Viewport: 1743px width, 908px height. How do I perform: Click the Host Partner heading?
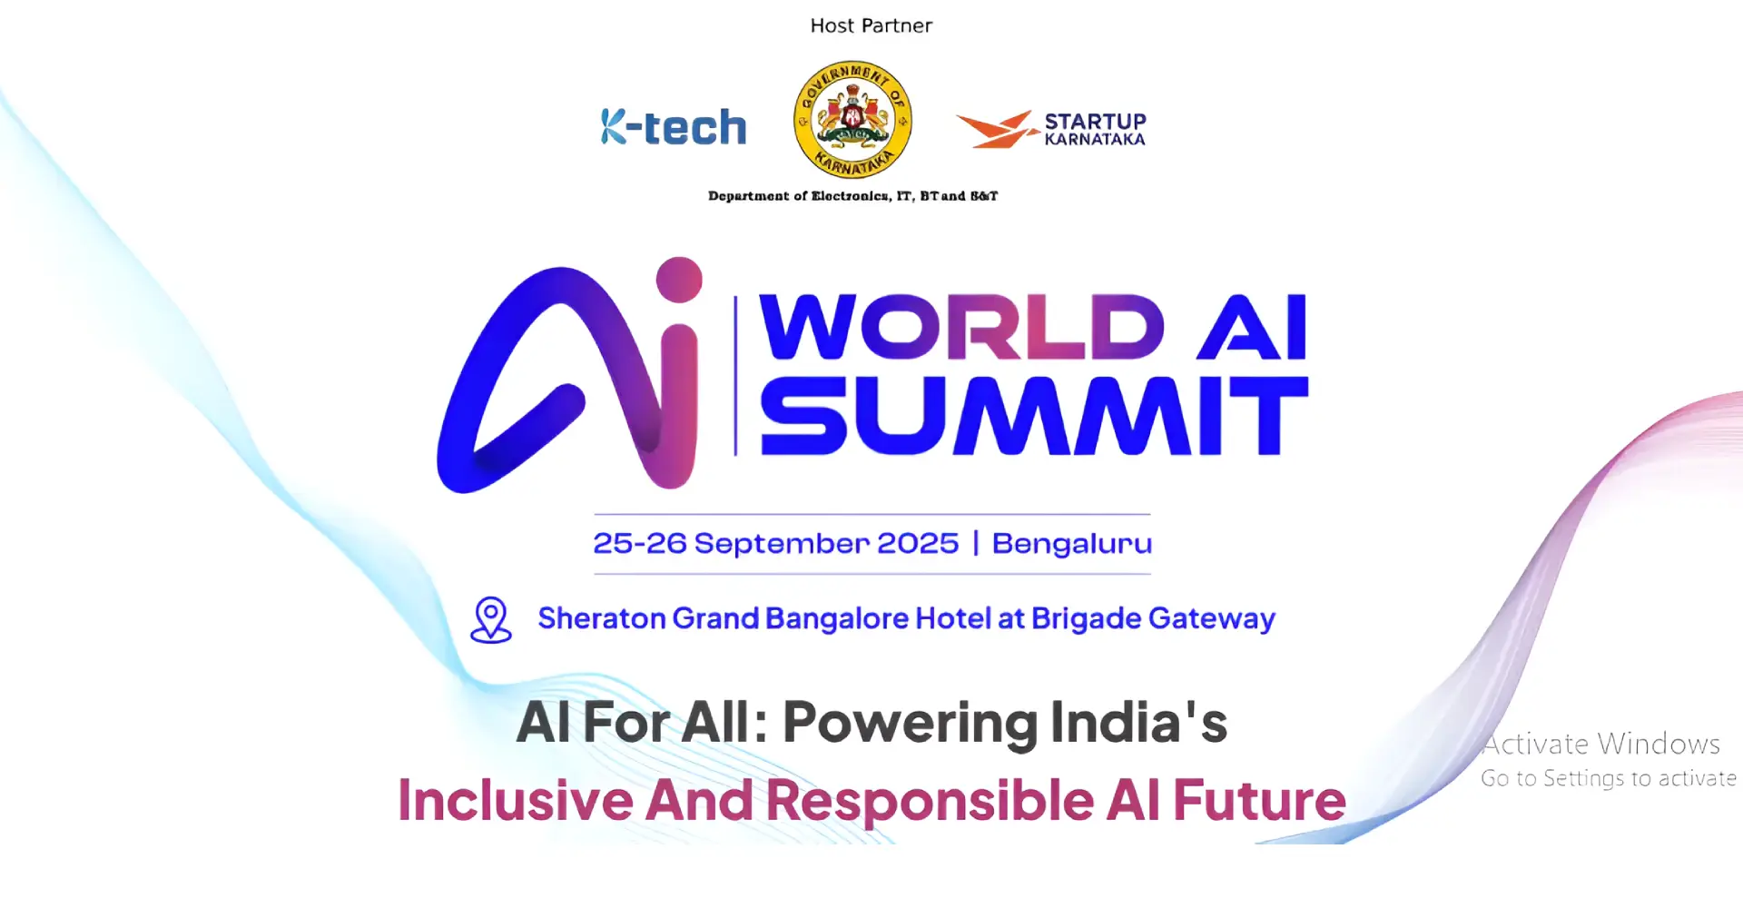pyautogui.click(x=871, y=25)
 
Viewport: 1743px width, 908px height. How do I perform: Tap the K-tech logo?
pyautogui.click(x=674, y=127)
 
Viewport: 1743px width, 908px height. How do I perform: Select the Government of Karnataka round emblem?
pyautogui.click(x=852, y=119)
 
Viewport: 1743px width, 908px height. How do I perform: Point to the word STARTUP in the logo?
pyautogui.click(x=1095, y=121)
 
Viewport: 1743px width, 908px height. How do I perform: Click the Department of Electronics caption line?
pyautogui.click(x=852, y=195)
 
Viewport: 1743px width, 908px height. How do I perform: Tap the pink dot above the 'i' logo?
pyautogui.click(x=679, y=280)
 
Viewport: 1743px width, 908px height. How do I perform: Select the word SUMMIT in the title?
pyautogui.click(x=1034, y=416)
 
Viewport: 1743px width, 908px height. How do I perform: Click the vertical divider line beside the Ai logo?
pyautogui.click(x=735, y=375)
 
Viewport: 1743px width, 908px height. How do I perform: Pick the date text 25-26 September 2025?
pyautogui.click(x=776, y=543)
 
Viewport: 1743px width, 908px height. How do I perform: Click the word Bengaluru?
pyautogui.click(x=1072, y=543)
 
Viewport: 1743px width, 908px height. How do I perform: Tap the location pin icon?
pyautogui.click(x=491, y=619)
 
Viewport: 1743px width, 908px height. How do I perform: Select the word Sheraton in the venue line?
pyautogui.click(x=602, y=618)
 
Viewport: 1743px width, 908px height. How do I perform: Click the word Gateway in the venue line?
pyautogui.click(x=1212, y=619)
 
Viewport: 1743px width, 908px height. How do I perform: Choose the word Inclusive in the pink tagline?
pyautogui.click(x=516, y=801)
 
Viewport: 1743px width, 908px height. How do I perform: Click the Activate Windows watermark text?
pyautogui.click(x=1601, y=744)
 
